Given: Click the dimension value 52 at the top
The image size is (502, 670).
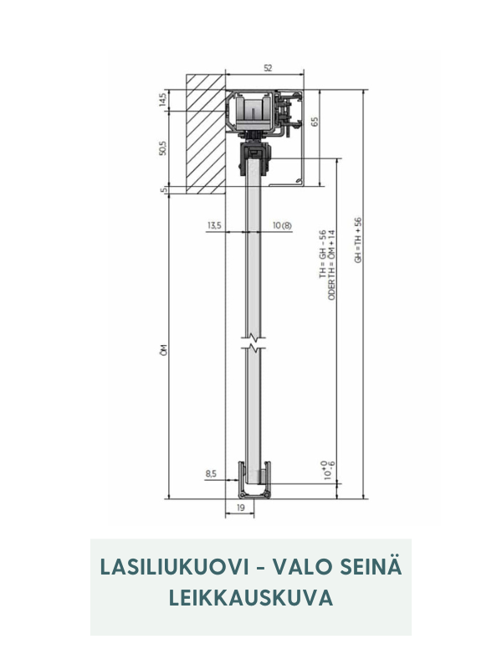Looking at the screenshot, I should coord(267,68).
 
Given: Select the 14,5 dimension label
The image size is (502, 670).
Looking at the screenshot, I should coord(163,100).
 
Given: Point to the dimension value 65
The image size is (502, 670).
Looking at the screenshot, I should coord(315,122).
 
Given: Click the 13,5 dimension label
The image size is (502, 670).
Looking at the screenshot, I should coord(213,225).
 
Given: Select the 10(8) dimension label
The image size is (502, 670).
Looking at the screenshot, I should coord(282,225).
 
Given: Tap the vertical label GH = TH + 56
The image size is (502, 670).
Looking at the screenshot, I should coord(358,240).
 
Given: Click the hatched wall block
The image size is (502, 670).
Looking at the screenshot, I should coord(205,130).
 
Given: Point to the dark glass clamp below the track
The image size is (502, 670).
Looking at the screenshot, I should coord(254,157).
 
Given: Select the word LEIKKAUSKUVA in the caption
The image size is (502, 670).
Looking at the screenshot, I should coord(251,598).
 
